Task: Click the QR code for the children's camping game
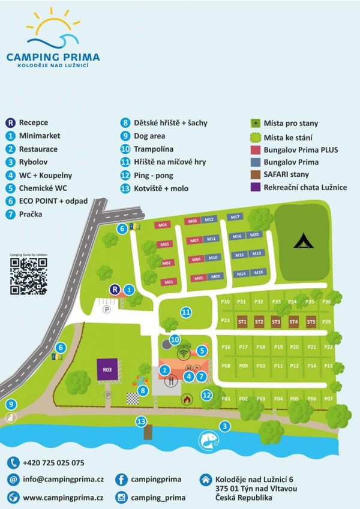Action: coord(28,276)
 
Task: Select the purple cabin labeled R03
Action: coord(107,370)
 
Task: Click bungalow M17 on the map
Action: coord(235,217)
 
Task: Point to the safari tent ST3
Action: coord(276,322)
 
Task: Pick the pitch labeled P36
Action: coord(326,301)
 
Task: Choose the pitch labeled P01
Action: coord(226,398)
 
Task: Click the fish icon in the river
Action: coord(208,441)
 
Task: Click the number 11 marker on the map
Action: coord(187,312)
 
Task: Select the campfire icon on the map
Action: coord(186,398)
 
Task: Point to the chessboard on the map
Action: coord(131,397)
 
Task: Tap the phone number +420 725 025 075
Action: coord(53,463)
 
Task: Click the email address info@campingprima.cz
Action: coord(64,480)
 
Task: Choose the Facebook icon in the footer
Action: coord(122,480)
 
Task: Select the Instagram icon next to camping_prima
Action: coord(122,497)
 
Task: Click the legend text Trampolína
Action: coord(153,149)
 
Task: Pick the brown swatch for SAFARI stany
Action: coord(255,174)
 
